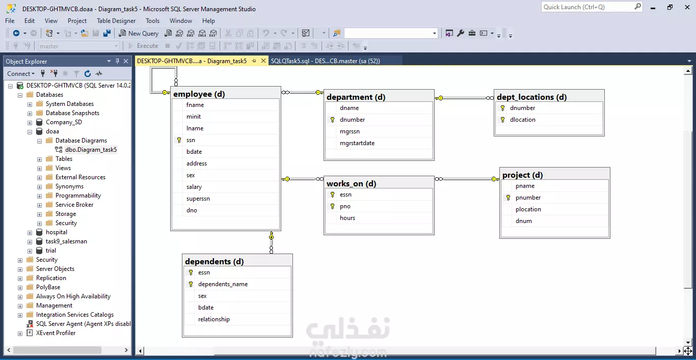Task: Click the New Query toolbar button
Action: (139, 33)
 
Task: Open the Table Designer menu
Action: (116, 21)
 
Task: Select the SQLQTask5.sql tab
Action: (325, 61)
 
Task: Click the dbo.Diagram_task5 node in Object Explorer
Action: (91, 150)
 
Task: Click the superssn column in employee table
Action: (198, 199)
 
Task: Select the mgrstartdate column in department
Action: (357, 143)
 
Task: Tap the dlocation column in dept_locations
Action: (522, 120)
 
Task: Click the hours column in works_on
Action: (347, 218)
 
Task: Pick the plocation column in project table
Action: (528, 209)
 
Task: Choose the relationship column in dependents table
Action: (214, 319)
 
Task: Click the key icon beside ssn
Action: (179, 140)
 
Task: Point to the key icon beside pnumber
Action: (508, 198)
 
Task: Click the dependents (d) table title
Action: (214, 262)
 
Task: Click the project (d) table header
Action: (522, 175)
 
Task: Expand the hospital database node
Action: (30, 233)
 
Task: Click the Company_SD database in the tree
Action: (64, 122)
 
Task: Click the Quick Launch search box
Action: (588, 7)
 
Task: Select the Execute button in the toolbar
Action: (144, 46)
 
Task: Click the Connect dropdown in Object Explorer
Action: (20, 74)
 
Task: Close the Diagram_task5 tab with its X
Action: (263, 61)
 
